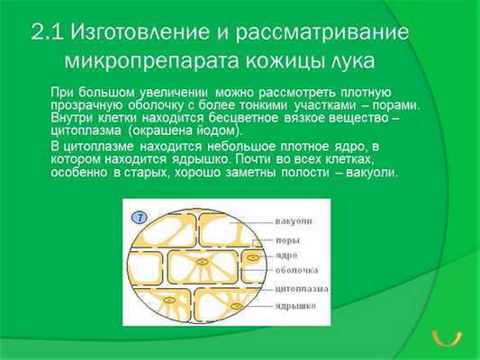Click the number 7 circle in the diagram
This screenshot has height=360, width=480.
(x=139, y=217)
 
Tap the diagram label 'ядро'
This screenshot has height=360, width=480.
(x=289, y=256)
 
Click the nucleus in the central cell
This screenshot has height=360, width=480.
(x=200, y=264)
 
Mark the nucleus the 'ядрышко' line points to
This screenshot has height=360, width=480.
(x=236, y=308)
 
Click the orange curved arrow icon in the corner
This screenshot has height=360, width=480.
(x=446, y=336)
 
